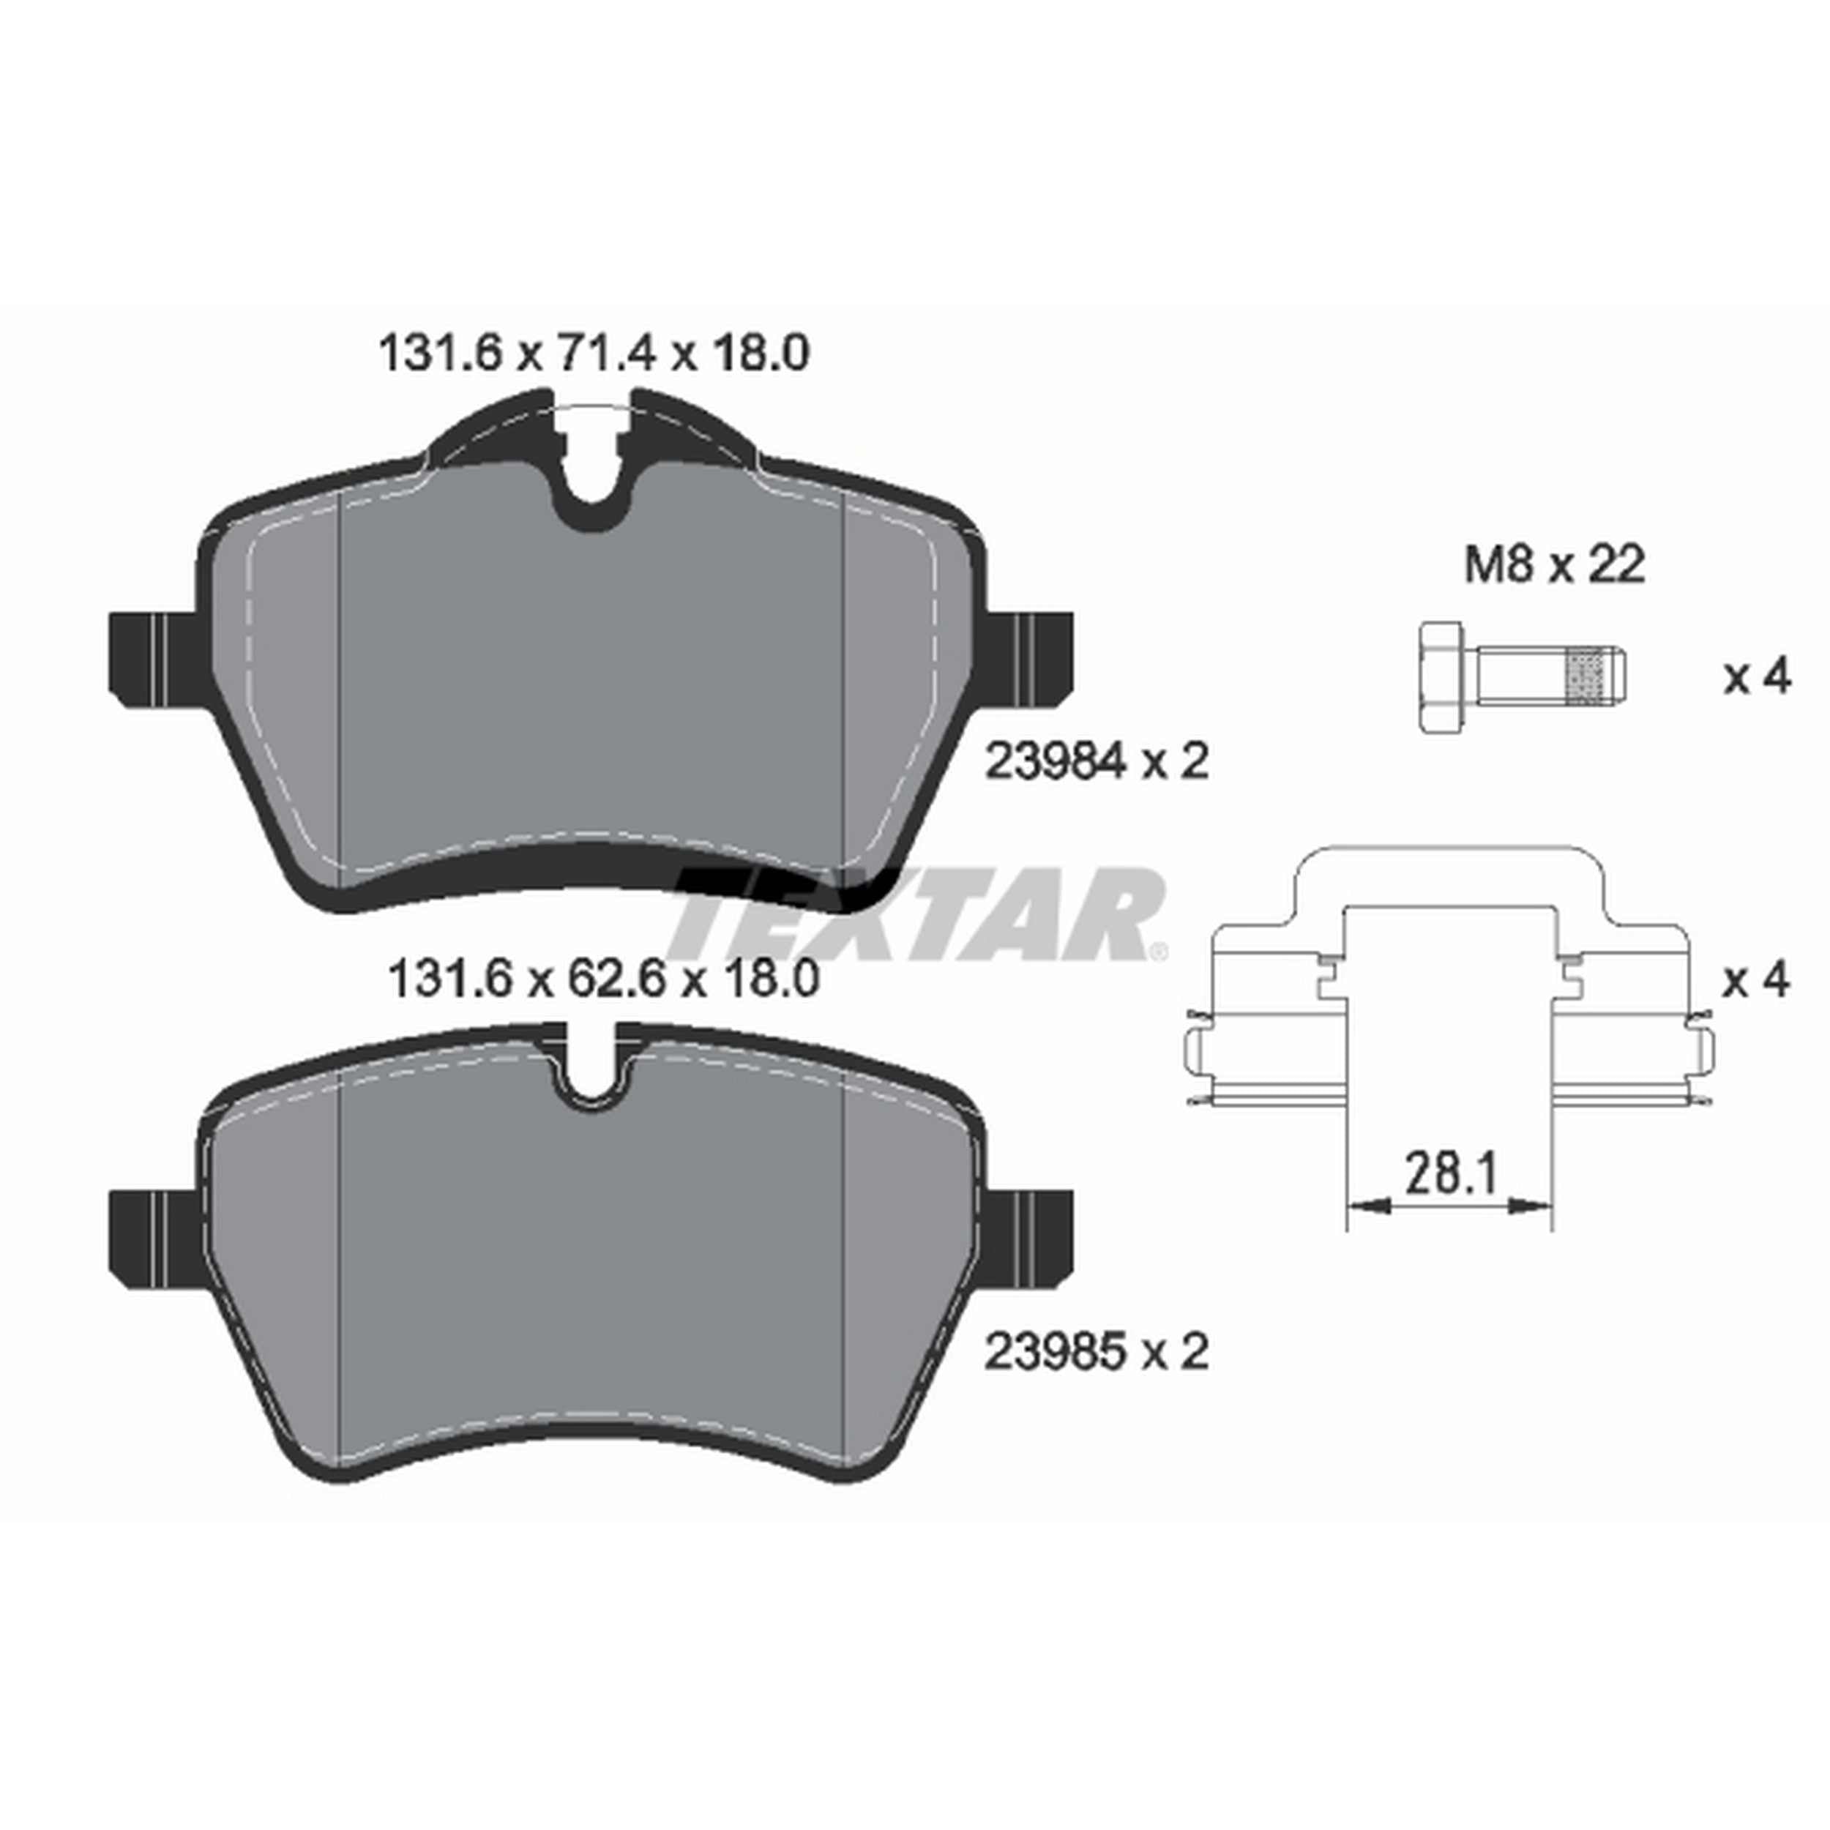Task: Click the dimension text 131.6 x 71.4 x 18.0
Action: click(x=593, y=354)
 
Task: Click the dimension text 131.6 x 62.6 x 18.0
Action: click(x=602, y=979)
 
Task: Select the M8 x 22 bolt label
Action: click(x=1554, y=566)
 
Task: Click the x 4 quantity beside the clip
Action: click(x=1757, y=979)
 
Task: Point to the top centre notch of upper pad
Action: click(x=594, y=474)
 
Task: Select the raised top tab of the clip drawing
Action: click(x=1449, y=871)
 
